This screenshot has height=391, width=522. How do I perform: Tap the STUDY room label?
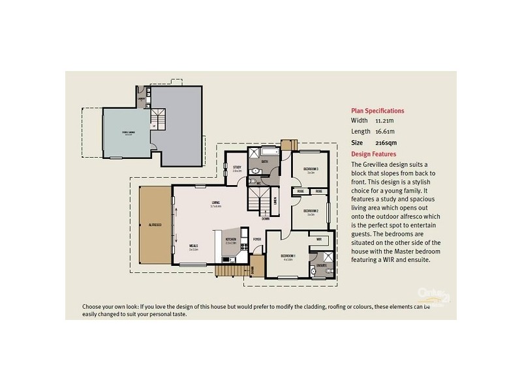pyautogui.click(x=237, y=167)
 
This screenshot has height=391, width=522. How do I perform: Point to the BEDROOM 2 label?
pyautogui.click(x=310, y=211)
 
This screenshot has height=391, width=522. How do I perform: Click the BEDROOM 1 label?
pyautogui.click(x=288, y=256)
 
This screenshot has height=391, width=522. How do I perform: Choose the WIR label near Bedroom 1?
pyautogui.click(x=319, y=240)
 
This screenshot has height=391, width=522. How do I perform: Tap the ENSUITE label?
pyautogui.click(x=320, y=266)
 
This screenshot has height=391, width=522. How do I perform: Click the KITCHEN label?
pyautogui.click(x=230, y=240)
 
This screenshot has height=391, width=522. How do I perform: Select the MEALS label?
pyautogui.click(x=193, y=246)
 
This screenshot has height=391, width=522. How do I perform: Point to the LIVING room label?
pyautogui.click(x=215, y=203)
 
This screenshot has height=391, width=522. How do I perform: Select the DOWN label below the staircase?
pyautogui.click(x=266, y=219)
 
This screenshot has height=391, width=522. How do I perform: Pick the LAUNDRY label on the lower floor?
pyautogui.click(x=141, y=98)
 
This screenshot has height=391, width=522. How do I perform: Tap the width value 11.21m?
pyautogui.click(x=384, y=121)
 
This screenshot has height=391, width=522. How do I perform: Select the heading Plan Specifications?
pyautogui.click(x=377, y=111)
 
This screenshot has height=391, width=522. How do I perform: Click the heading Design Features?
pyautogui.click(x=373, y=154)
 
